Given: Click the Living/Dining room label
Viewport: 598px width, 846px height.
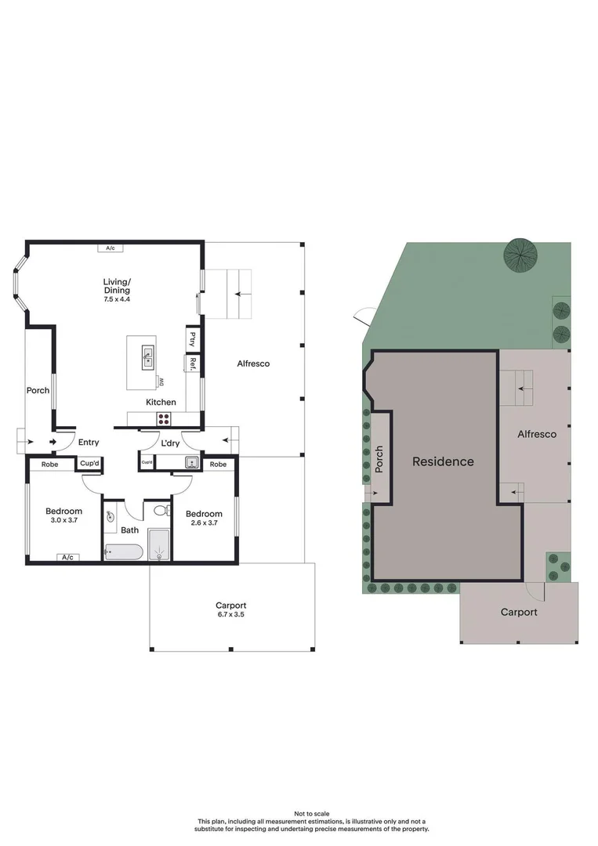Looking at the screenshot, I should click(117, 286).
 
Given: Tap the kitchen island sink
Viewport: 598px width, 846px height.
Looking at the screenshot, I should click(147, 357).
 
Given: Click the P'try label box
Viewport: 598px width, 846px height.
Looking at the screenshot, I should click(192, 338).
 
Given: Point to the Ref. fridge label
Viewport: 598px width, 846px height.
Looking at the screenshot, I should click(192, 363).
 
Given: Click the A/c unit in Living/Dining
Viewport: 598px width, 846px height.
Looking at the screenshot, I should click(111, 248).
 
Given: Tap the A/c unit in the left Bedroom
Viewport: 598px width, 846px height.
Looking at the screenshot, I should click(67, 557).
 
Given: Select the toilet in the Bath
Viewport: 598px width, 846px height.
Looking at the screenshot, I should click(161, 512).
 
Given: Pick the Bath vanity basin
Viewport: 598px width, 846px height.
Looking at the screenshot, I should click(110, 516).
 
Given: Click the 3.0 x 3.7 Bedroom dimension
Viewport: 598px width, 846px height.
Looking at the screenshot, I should click(63, 520).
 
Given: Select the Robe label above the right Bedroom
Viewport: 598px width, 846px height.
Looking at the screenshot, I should click(219, 465).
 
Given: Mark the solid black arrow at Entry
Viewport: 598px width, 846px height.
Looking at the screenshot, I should click(54, 443).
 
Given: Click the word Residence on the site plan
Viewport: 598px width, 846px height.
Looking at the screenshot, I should click(443, 461).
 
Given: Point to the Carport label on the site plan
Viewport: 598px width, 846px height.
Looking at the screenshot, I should click(519, 612).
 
